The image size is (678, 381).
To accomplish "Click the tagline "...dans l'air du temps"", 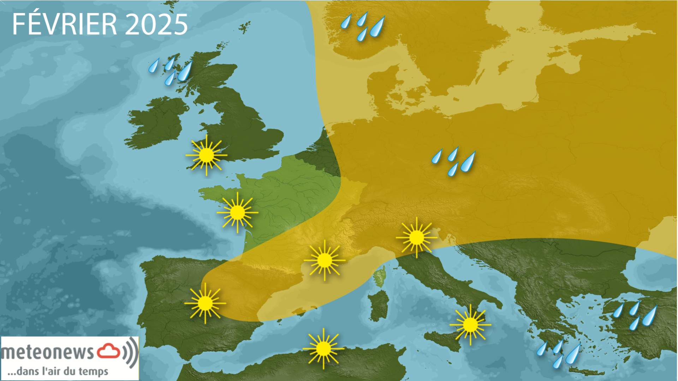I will coord(58,371).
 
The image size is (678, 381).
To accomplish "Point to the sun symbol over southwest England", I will coord(206,155).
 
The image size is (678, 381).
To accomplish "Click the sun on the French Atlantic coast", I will coord(237,212).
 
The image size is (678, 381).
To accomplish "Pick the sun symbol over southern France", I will coord(324,260).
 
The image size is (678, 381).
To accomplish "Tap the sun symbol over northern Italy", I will coord(417,237).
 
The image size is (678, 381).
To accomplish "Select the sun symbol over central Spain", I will coord(205,303).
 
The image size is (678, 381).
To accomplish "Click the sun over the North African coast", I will coord(323,349).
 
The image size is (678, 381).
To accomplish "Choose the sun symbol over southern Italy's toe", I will coord(470,324).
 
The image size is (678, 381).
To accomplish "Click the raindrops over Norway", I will coord(363,26).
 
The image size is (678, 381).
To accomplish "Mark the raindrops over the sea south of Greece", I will coord(558,353).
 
